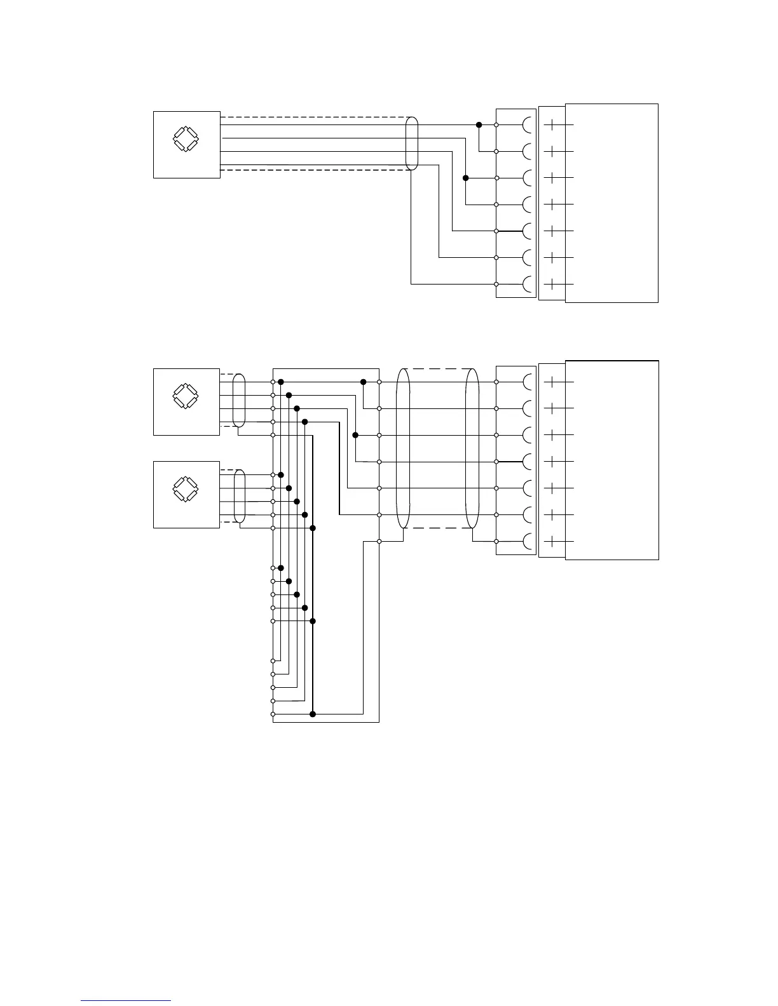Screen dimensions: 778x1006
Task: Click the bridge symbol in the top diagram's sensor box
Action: (186, 139)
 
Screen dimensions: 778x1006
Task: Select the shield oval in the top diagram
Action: (412, 144)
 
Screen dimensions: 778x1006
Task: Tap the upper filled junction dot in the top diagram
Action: (479, 124)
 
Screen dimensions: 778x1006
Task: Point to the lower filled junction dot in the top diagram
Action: (466, 178)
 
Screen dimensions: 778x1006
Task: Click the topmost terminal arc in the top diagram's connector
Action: (528, 125)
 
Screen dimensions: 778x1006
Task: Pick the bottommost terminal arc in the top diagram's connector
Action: (528, 284)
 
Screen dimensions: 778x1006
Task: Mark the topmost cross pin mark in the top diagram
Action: (553, 125)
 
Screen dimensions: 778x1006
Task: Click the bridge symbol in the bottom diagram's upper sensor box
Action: (186, 395)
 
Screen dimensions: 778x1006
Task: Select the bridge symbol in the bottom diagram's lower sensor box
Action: (186, 488)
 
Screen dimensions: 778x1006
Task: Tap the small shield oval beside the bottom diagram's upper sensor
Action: (239, 401)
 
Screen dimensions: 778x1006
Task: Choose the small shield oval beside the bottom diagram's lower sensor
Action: (240, 496)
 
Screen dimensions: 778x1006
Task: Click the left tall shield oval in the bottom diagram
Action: (403, 448)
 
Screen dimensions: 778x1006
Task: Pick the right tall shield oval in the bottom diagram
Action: (472, 448)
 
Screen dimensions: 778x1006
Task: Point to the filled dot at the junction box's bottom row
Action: (313, 714)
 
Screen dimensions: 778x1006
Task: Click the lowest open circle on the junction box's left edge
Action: (273, 714)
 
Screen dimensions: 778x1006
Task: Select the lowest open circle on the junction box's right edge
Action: (379, 541)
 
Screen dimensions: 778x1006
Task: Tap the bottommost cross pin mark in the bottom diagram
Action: (553, 541)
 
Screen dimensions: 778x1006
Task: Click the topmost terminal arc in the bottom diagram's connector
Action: (528, 382)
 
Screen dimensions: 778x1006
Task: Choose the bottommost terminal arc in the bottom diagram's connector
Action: (528, 541)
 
